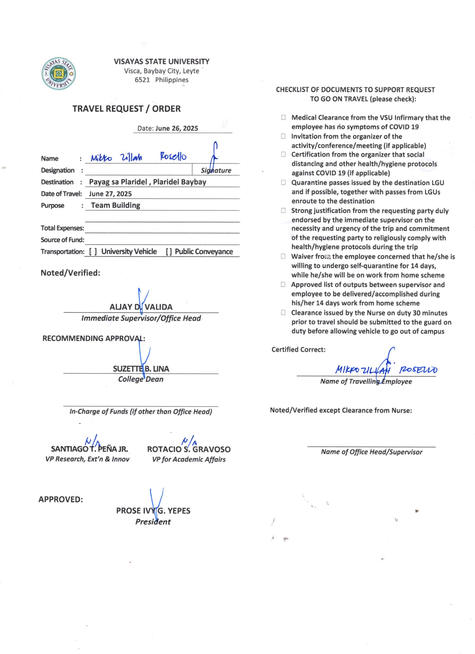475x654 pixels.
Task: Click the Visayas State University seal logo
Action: pyautogui.click(x=58, y=74)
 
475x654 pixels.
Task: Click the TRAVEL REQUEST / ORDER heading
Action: pyautogui.click(x=127, y=109)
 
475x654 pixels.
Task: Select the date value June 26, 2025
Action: pyautogui.click(x=176, y=128)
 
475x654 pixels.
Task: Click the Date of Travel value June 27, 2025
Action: pyautogui.click(x=110, y=194)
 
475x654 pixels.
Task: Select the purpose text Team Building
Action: pyautogui.click(x=116, y=205)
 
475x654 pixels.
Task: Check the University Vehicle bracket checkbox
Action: pyautogui.click(x=93, y=252)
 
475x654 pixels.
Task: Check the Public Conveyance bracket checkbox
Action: pyautogui.click(x=169, y=252)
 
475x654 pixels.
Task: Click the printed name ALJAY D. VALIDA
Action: pyautogui.click(x=141, y=307)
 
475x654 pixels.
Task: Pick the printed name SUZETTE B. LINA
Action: pyautogui.click(x=141, y=369)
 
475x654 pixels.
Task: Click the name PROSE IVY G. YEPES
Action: pyautogui.click(x=153, y=511)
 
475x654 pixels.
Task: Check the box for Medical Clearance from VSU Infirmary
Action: pyautogui.click(x=283, y=117)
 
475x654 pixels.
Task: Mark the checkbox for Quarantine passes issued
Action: pyautogui.click(x=283, y=183)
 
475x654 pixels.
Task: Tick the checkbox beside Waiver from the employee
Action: pyautogui.click(x=283, y=256)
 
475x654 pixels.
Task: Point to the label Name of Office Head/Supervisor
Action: pyautogui.click(x=371, y=452)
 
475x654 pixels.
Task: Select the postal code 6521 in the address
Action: pyautogui.click(x=142, y=80)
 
